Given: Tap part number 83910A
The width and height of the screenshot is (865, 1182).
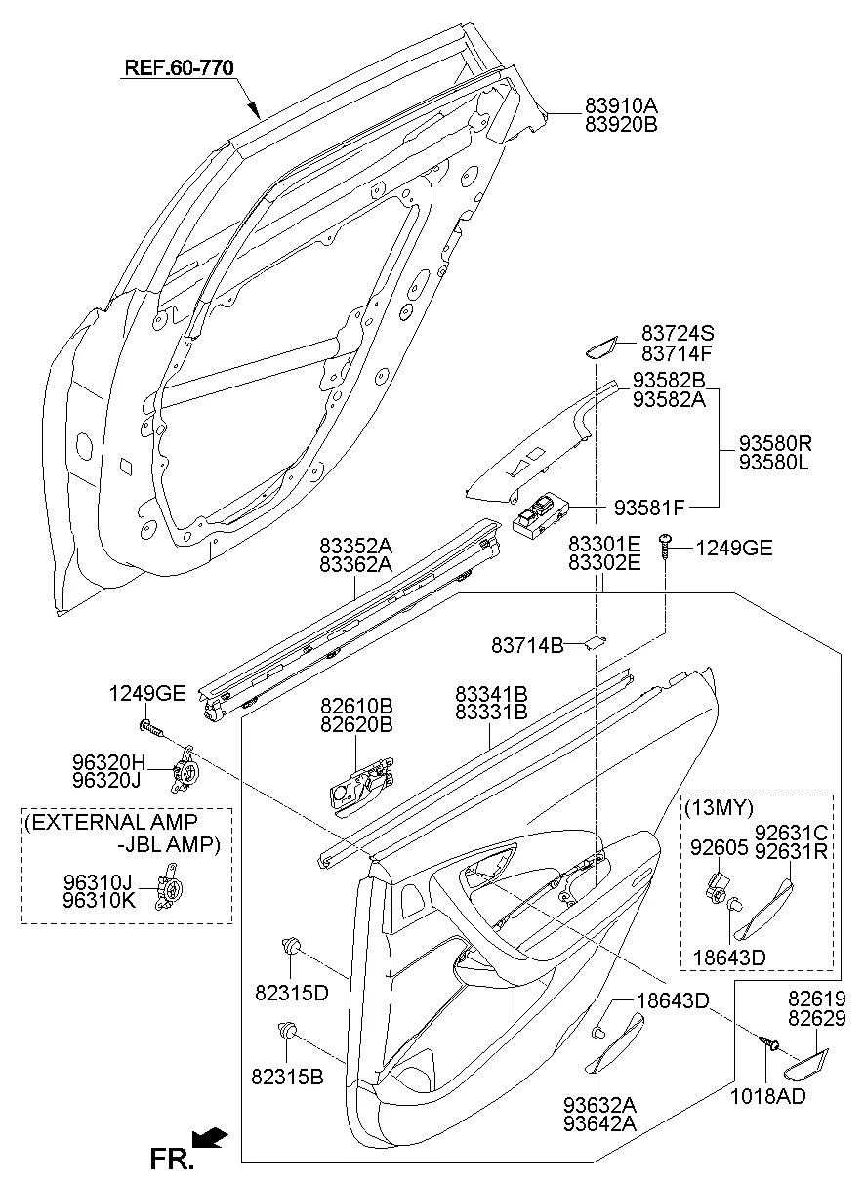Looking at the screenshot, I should click(621, 105).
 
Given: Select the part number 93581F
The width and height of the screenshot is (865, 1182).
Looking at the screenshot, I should click(649, 507).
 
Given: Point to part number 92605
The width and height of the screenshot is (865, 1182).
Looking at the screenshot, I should click(720, 847).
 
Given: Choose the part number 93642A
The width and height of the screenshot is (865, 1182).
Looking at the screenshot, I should click(599, 1122).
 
